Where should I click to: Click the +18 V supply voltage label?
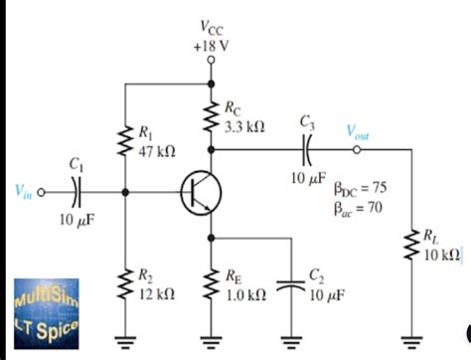point(210,45)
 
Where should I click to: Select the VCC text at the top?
point(210,28)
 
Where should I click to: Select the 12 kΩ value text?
point(157,295)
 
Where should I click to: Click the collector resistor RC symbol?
point(211,117)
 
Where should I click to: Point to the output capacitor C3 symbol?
point(307,150)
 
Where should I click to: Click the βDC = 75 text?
point(365,185)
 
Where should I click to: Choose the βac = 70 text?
point(364,206)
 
